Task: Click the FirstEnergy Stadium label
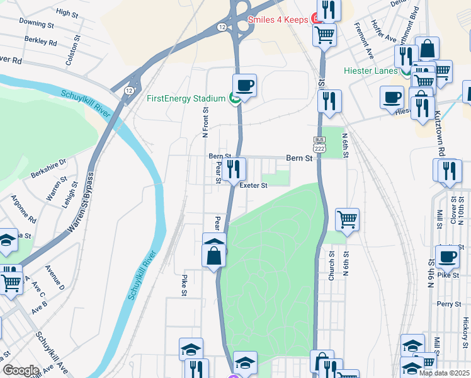(186, 98)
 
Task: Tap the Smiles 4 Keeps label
(276, 20)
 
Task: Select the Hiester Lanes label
(370, 71)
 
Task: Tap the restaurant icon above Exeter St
(234, 168)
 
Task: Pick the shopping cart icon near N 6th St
(347, 219)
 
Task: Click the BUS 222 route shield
(320, 144)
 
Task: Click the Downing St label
(37, 23)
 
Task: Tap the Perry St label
(450, 304)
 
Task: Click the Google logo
(21, 370)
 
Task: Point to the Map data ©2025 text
(445, 373)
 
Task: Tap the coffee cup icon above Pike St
(448, 256)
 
